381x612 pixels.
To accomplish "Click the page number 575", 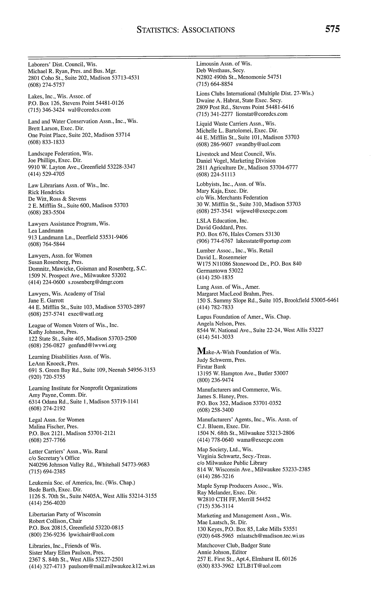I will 332,29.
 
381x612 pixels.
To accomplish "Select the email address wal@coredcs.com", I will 89,110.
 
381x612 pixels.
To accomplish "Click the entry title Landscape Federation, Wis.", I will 61,153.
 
